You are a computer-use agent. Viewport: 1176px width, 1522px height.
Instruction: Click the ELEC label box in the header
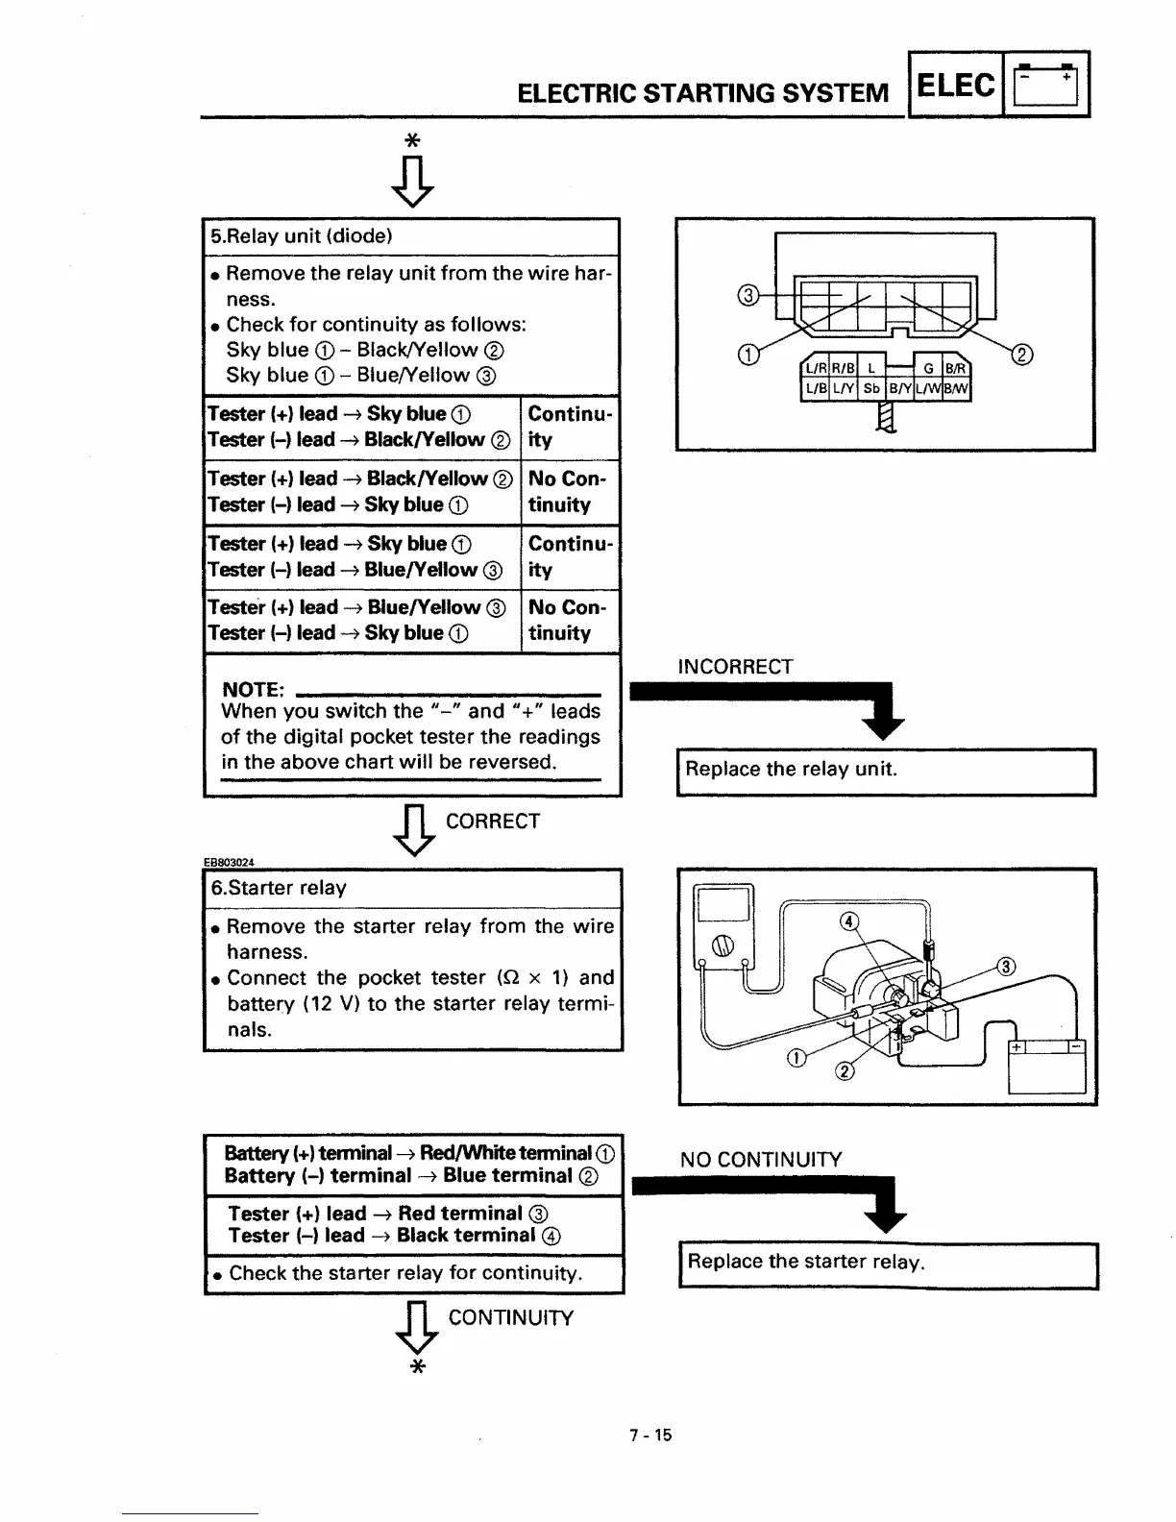tap(956, 85)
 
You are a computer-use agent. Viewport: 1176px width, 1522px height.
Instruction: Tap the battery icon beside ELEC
tap(1046, 86)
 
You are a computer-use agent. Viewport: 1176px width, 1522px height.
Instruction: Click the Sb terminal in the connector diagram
tap(870, 388)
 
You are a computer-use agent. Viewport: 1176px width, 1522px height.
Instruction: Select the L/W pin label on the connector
tap(929, 388)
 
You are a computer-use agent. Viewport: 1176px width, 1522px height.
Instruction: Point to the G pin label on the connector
tap(928, 367)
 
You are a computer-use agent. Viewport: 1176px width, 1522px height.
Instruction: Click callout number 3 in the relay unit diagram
tap(749, 295)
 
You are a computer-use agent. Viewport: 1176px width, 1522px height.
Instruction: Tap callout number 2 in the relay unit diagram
tap(1023, 356)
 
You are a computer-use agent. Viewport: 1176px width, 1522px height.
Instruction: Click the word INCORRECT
tap(735, 667)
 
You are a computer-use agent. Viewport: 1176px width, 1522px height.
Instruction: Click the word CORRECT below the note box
tap(493, 822)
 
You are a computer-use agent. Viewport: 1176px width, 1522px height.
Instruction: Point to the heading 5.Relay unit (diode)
tap(302, 236)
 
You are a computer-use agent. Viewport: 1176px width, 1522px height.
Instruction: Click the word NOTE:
tap(253, 690)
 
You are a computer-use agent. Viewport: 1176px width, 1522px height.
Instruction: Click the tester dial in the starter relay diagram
tap(723, 945)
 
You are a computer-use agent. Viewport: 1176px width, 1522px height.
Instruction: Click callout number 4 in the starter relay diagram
tap(848, 922)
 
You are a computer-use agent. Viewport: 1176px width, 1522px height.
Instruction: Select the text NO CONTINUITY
tap(760, 1160)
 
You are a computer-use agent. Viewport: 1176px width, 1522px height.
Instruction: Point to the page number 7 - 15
tap(650, 1436)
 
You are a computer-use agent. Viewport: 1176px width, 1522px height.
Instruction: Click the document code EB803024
tap(229, 861)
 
